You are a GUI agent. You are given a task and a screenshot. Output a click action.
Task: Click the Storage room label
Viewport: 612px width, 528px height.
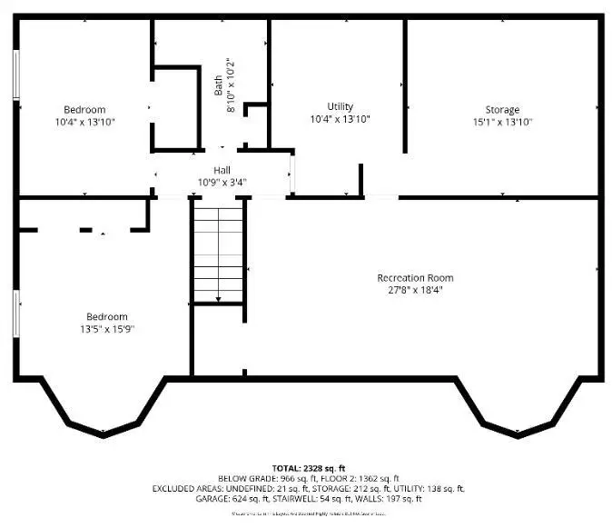pyautogui.click(x=502, y=110)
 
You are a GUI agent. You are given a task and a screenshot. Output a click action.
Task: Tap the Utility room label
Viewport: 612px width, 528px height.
pyautogui.click(x=341, y=107)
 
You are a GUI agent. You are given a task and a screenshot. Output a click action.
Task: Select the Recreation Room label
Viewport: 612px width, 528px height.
pyautogui.click(x=415, y=278)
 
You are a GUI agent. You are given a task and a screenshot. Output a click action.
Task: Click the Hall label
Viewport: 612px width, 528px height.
pyautogui.click(x=222, y=170)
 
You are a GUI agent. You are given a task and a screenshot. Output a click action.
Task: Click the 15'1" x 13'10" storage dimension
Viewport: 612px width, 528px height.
pyautogui.click(x=502, y=121)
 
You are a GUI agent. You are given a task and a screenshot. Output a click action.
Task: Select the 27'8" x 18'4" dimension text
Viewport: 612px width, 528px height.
pyautogui.click(x=415, y=290)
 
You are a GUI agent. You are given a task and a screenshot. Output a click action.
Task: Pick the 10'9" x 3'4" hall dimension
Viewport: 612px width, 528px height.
pyautogui.click(x=222, y=182)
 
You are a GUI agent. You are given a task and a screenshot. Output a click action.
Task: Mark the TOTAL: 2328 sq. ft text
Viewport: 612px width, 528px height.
pyautogui.click(x=309, y=467)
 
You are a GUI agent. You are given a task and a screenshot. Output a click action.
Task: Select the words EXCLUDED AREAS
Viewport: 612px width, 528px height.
pyautogui.click(x=187, y=489)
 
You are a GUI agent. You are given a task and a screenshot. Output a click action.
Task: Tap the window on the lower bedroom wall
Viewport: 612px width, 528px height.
pyautogui.click(x=15, y=313)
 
